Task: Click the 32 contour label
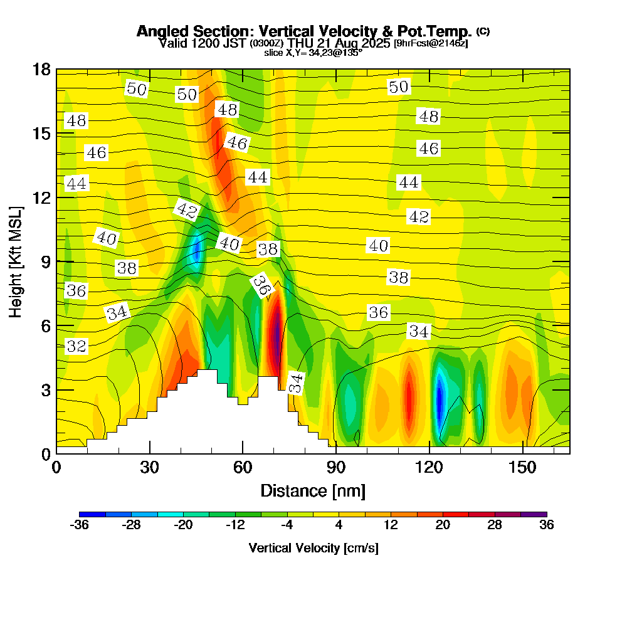pos(76,346)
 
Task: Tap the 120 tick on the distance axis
pos(429,453)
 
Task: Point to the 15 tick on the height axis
pos(56,134)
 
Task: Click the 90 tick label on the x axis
pos(336,468)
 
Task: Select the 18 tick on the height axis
pos(56,69)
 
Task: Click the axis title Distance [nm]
pos(313,490)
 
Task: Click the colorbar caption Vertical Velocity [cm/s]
pos(313,548)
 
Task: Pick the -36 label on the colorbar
pos(79,525)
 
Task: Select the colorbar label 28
pos(495,525)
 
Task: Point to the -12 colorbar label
pos(235,525)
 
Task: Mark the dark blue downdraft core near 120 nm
pos(440,399)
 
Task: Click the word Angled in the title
pos(158,31)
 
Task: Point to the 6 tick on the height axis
pos(56,325)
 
